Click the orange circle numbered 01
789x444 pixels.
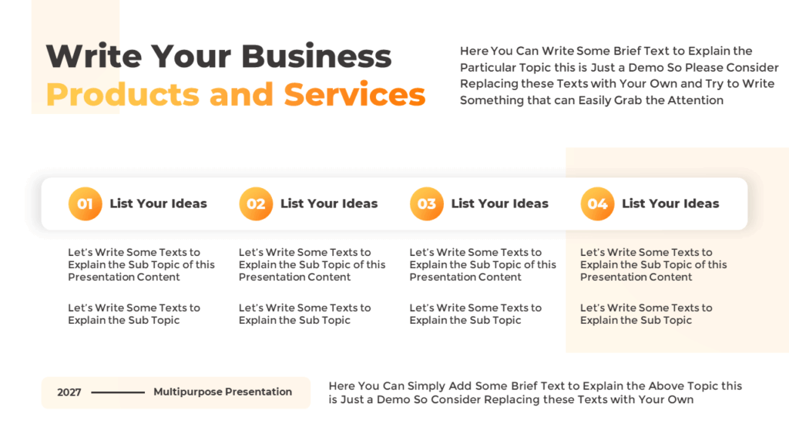tap(85, 204)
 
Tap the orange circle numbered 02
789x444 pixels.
tap(256, 204)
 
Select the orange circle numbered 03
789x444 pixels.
tap(427, 204)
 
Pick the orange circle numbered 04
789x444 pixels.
tap(597, 204)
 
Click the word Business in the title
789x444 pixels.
tap(316, 57)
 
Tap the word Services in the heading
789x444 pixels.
tap(354, 95)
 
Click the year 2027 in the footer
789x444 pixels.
tap(69, 392)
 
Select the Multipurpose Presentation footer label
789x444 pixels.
tap(223, 392)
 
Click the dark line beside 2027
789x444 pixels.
tap(118, 392)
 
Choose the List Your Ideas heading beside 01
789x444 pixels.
tap(158, 203)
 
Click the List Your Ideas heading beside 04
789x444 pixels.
tap(670, 203)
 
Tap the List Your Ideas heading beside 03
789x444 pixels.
tap(499, 203)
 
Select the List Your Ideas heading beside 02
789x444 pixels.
tap(329, 203)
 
